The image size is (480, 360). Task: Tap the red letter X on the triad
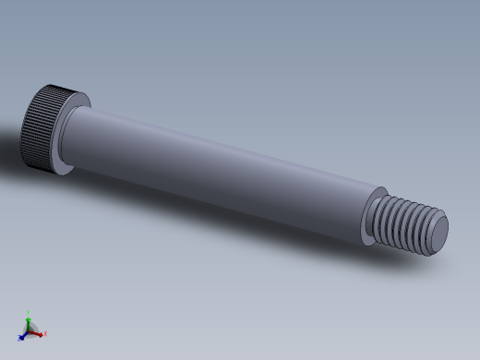click(44, 334)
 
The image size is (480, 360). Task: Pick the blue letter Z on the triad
click(18, 338)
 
